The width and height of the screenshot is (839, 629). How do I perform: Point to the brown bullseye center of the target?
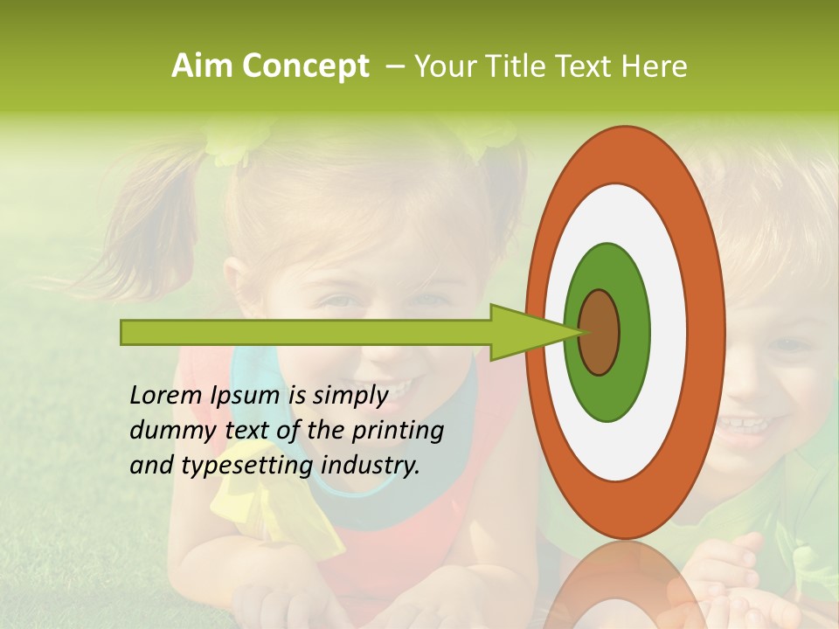[x=600, y=332]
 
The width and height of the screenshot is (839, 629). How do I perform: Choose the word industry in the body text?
[x=371, y=466]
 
